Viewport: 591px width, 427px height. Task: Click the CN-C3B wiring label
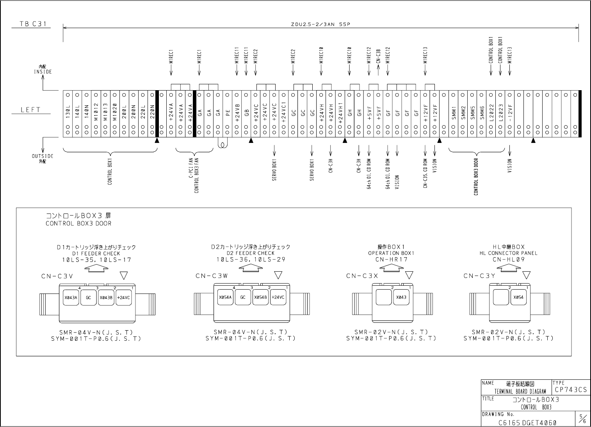click(x=378, y=59)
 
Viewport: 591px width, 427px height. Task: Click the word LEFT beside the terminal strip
click(x=31, y=110)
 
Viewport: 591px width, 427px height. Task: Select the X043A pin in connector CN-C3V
click(x=71, y=297)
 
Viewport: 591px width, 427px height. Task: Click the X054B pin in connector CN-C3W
click(x=260, y=297)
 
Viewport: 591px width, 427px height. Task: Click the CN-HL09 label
click(x=509, y=259)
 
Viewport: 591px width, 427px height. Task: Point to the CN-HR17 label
click(x=392, y=259)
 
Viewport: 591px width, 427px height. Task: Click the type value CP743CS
click(x=570, y=390)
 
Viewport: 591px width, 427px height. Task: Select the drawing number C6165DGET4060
click(x=527, y=422)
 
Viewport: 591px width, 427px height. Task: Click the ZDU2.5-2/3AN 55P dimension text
click(x=320, y=24)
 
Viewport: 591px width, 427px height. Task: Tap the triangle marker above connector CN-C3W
click(x=278, y=276)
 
